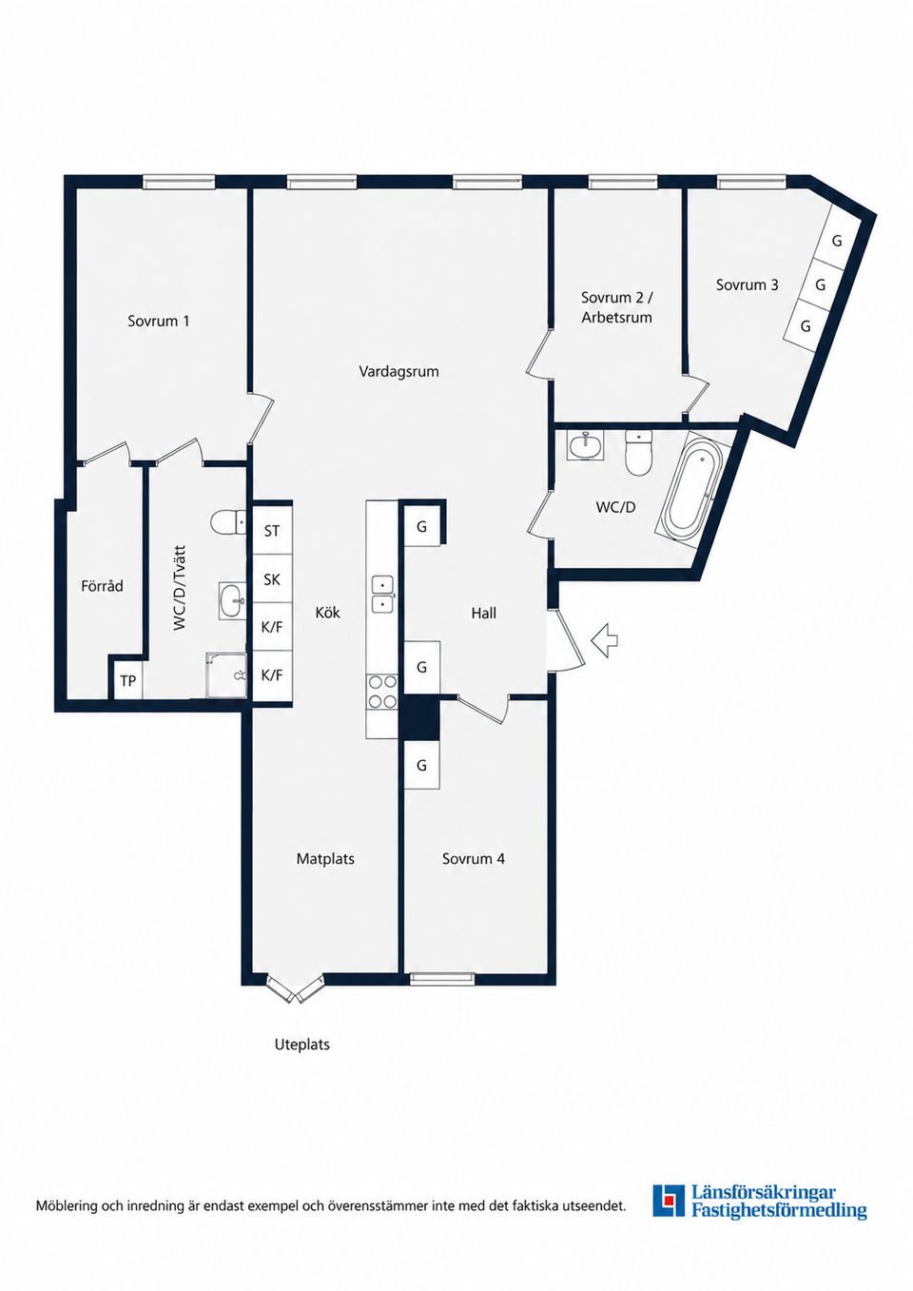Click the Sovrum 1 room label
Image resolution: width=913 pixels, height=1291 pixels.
[x=159, y=321]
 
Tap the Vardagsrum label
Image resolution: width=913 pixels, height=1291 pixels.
[x=398, y=371]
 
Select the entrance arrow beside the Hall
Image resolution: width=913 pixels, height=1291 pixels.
[x=604, y=639]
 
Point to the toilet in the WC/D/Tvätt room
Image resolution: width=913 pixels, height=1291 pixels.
[x=228, y=523]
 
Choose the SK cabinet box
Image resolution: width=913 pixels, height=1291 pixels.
[x=272, y=579]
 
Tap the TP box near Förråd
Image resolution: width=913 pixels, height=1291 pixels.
[x=127, y=681]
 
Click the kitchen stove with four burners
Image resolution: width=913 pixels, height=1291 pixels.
[x=382, y=692]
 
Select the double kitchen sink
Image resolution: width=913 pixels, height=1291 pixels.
[x=382, y=595]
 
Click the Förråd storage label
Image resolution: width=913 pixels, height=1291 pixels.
[x=102, y=586]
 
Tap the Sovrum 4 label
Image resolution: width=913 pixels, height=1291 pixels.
[x=474, y=859]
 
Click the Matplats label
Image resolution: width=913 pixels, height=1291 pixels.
[x=325, y=859]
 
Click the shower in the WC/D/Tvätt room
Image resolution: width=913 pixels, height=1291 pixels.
[x=227, y=675]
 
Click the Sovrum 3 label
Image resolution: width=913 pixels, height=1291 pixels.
[x=748, y=284]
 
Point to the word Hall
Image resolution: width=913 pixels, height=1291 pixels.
[x=484, y=614]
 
